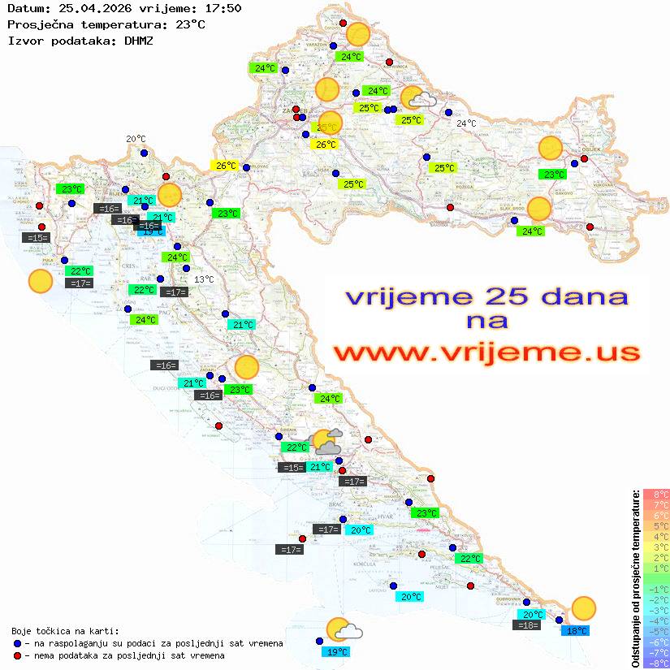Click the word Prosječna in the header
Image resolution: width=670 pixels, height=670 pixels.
click(40, 24)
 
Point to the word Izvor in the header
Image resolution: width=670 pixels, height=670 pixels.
click(24, 39)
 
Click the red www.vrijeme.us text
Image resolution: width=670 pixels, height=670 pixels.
click(486, 352)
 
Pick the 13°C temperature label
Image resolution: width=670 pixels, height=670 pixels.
click(204, 279)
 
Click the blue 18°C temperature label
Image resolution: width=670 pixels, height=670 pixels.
click(577, 630)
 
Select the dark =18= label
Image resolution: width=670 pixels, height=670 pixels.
click(528, 625)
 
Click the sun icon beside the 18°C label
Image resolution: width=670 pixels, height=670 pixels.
click(583, 607)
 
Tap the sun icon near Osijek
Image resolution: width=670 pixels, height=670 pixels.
click(551, 149)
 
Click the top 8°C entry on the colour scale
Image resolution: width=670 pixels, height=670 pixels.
click(656, 495)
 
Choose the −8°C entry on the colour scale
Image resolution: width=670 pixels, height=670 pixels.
click(656, 664)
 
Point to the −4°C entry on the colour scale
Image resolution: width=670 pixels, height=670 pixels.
click(656, 621)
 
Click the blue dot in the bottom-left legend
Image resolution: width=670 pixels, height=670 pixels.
click(18, 643)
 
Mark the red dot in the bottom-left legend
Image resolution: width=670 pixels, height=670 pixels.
click(18, 655)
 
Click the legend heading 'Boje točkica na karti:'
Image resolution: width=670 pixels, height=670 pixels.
click(65, 631)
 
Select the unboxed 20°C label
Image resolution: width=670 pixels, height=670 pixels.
click(136, 139)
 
